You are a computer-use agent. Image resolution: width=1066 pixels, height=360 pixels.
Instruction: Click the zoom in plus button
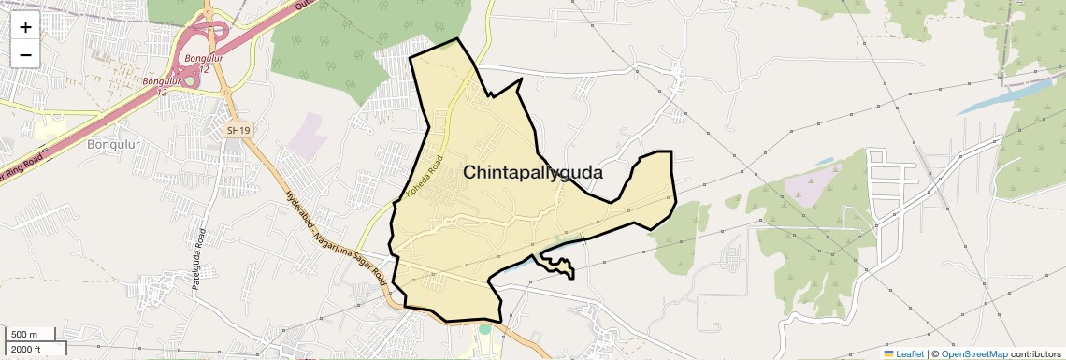(25, 27)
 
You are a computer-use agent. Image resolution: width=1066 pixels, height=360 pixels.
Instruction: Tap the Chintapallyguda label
(533, 173)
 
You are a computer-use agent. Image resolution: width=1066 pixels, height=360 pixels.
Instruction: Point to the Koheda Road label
(424, 177)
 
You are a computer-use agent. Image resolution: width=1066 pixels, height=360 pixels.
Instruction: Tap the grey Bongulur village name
(113, 144)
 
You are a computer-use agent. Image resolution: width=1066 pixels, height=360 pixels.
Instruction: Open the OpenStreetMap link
(973, 353)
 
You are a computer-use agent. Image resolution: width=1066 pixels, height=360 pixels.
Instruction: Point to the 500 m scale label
(24, 335)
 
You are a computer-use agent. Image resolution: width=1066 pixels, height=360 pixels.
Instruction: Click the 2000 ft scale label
(26, 349)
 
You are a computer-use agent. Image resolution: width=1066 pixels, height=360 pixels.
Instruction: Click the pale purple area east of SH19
(305, 135)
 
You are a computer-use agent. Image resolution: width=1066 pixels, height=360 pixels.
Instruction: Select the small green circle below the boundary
(484, 328)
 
